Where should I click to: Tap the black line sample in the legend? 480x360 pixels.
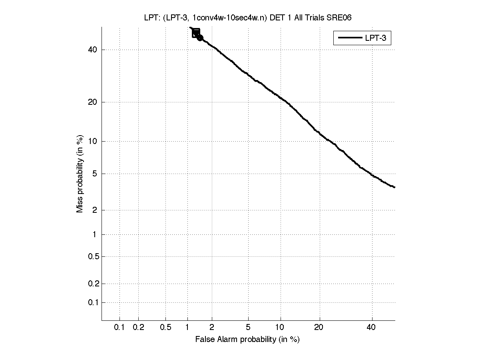click(x=350, y=38)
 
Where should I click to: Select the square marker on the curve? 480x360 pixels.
click(x=196, y=33)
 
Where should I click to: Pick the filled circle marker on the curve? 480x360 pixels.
click(x=200, y=38)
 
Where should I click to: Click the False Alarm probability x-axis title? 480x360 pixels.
click(x=247, y=340)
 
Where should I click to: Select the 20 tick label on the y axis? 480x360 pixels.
click(x=93, y=102)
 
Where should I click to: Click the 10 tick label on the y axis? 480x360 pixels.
click(x=93, y=141)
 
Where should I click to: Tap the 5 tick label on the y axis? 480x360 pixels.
click(x=95, y=174)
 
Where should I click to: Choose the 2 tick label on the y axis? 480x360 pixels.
click(x=95, y=210)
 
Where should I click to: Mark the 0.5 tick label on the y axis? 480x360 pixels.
click(x=93, y=256)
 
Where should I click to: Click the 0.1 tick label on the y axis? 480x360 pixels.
click(x=93, y=302)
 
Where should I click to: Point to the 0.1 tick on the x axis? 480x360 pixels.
click(x=120, y=328)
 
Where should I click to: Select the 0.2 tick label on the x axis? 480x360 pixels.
click(x=138, y=328)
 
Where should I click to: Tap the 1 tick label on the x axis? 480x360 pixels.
click(x=187, y=328)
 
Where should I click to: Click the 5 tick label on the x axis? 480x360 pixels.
click(x=248, y=328)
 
